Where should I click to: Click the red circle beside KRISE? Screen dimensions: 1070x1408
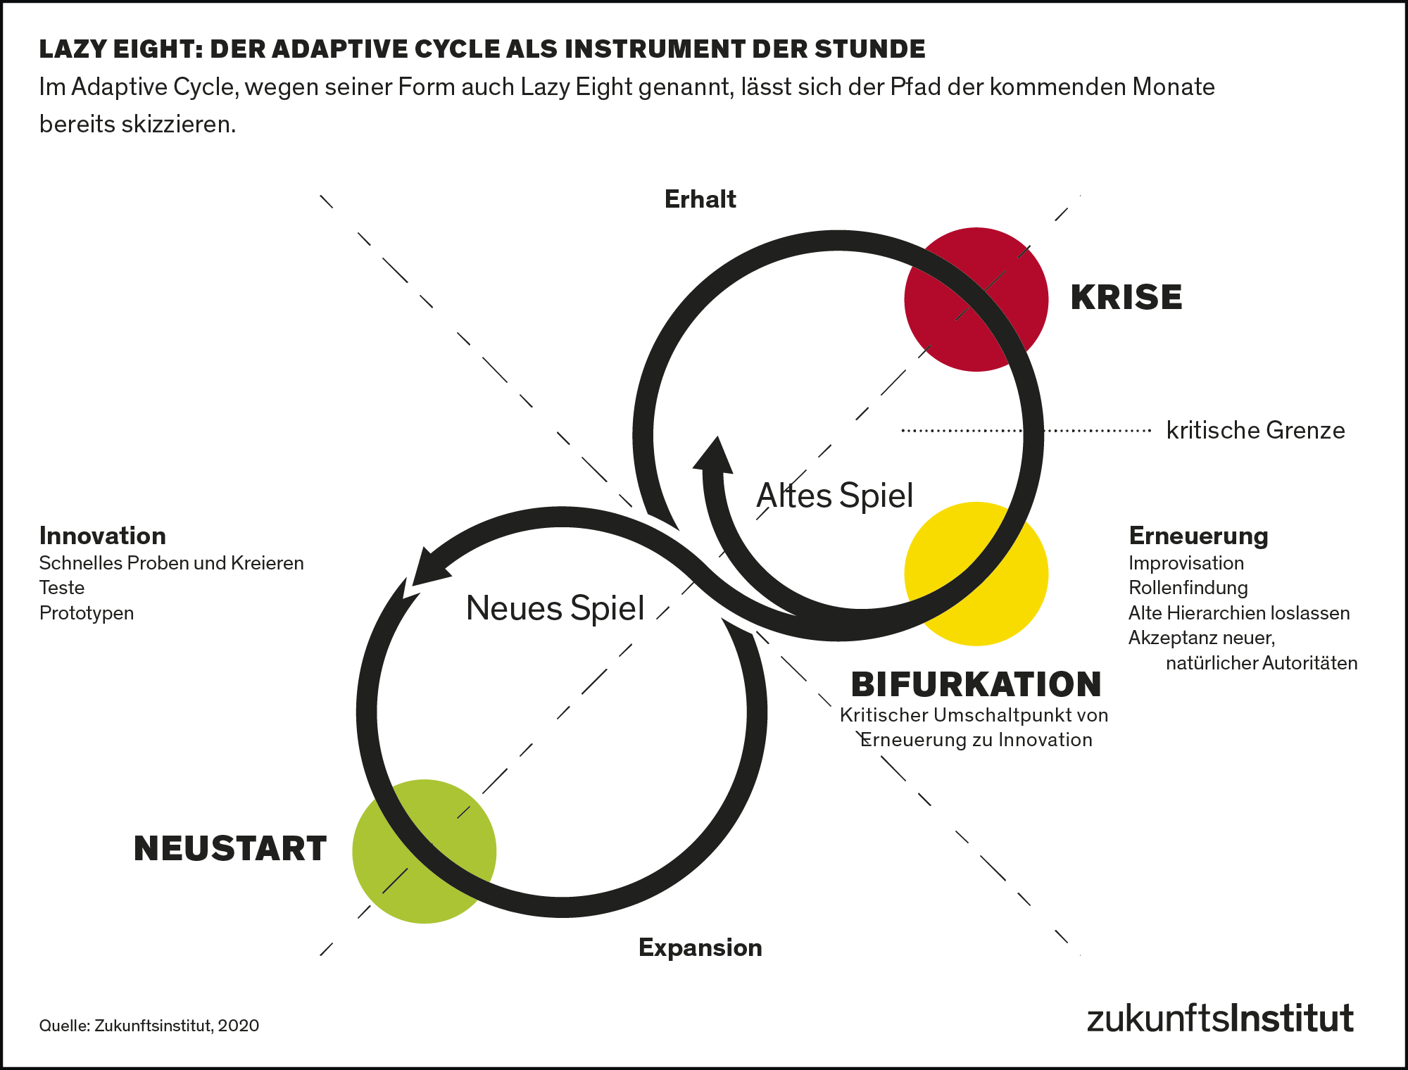point(976,299)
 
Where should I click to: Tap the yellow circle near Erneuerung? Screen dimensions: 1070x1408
point(976,574)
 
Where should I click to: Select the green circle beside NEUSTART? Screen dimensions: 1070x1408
point(424,851)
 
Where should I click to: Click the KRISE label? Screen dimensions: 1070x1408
point(1126,297)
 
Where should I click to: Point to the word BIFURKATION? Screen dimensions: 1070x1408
point(976,684)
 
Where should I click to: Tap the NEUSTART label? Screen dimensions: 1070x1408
point(230,848)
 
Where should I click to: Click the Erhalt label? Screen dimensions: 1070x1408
point(700,199)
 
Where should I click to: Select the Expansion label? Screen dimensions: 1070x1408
point(700,948)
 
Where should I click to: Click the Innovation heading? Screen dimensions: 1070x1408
point(103,536)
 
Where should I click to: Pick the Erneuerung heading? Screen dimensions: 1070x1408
point(1198,536)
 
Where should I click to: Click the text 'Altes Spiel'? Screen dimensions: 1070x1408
point(834,496)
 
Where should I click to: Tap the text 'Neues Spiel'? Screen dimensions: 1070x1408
point(555,608)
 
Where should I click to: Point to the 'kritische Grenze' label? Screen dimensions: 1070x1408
point(1255,430)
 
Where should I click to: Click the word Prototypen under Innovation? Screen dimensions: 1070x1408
point(87,613)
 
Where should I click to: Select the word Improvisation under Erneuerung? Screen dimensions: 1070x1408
point(1186,563)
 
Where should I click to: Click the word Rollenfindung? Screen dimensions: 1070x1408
point(1188,588)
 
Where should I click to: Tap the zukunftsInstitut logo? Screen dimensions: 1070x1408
point(1220,1019)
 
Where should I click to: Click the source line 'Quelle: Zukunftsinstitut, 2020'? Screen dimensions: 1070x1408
point(149,1026)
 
